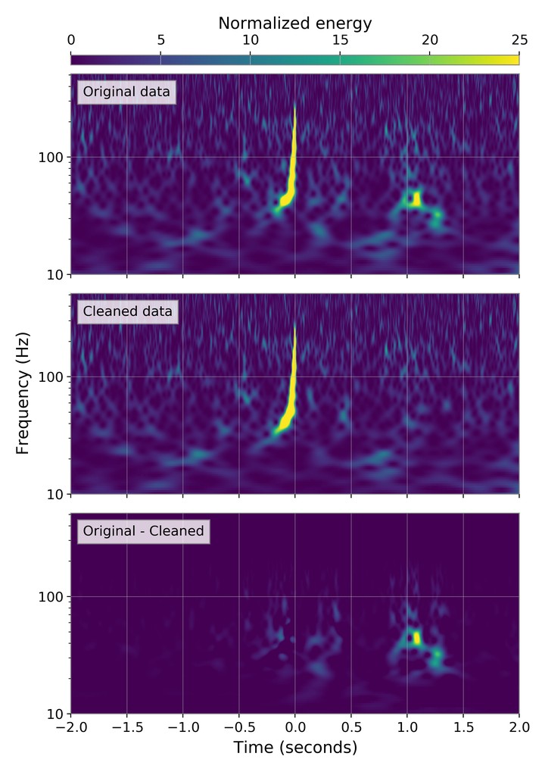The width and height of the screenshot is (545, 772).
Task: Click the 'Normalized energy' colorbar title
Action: click(294, 23)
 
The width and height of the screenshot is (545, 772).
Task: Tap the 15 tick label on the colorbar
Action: click(340, 40)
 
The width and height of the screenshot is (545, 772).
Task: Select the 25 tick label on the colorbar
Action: click(519, 40)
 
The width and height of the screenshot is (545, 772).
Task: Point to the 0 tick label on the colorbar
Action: click(71, 40)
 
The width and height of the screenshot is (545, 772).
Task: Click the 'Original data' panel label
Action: click(126, 92)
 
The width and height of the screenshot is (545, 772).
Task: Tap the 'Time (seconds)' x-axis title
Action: click(294, 748)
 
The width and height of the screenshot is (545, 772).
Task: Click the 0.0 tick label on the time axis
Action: click(295, 726)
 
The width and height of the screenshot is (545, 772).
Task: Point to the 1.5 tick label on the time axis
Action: click(463, 726)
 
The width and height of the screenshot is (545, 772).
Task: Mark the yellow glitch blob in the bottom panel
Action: click(415, 638)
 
